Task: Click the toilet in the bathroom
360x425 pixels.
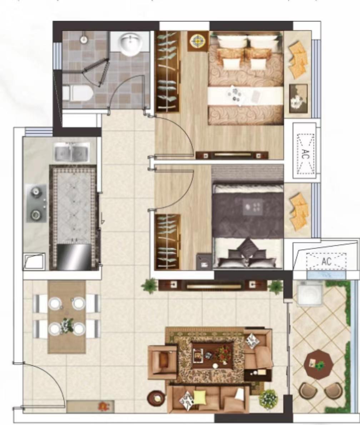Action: coord(78,93)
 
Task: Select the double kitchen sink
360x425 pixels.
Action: coord(71,152)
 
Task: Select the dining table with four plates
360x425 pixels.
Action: coord(67,317)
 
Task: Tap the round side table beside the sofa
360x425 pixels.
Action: coord(156,398)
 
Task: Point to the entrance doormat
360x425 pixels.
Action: coord(91,406)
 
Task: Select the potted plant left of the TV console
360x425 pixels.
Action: coord(149,286)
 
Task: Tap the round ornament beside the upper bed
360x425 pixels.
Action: coord(198,41)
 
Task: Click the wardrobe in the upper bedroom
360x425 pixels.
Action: coord(167,71)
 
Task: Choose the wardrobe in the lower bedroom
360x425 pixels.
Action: coord(167,242)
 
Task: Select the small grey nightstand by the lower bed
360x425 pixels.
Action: coord(204,261)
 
